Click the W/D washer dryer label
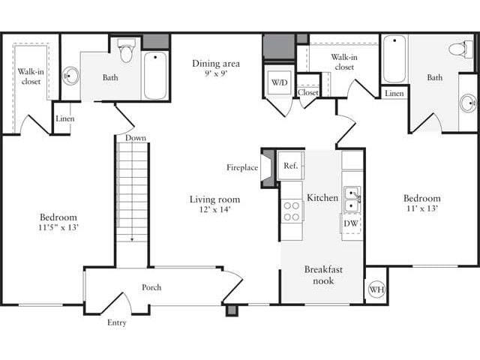tap(279, 82)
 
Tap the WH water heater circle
tap(376, 289)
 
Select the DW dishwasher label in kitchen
tap(350, 223)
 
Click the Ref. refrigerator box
tap(291, 165)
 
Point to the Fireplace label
tap(242, 168)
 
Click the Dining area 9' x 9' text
tap(215, 69)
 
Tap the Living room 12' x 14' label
tap(214, 204)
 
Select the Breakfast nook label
tap(319, 274)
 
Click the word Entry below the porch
tap(116, 322)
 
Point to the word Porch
tap(152, 287)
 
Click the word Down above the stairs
tap(136, 138)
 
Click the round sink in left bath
tap(70, 76)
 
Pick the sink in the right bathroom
tap(468, 102)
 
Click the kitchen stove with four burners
tap(292, 211)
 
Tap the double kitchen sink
tap(352, 199)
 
